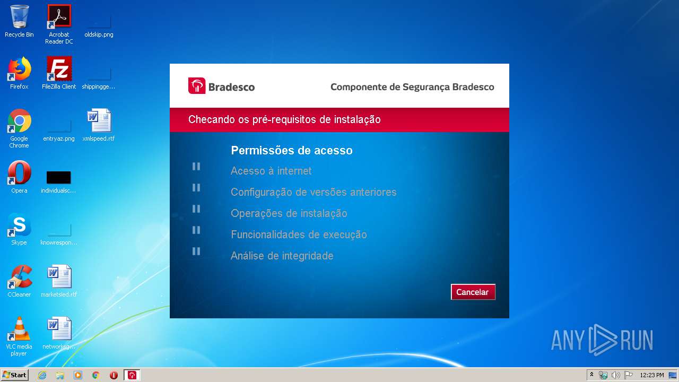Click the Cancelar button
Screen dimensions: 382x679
tap(473, 292)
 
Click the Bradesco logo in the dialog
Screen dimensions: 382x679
tap(221, 86)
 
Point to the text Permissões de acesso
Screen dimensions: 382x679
tap(292, 151)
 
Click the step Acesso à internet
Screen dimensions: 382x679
tap(271, 171)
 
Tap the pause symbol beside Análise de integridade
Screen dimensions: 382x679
tap(196, 251)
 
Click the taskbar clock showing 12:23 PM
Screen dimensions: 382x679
tap(651, 375)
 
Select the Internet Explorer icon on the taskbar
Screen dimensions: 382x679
tap(42, 375)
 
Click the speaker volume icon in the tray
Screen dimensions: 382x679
tap(615, 375)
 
